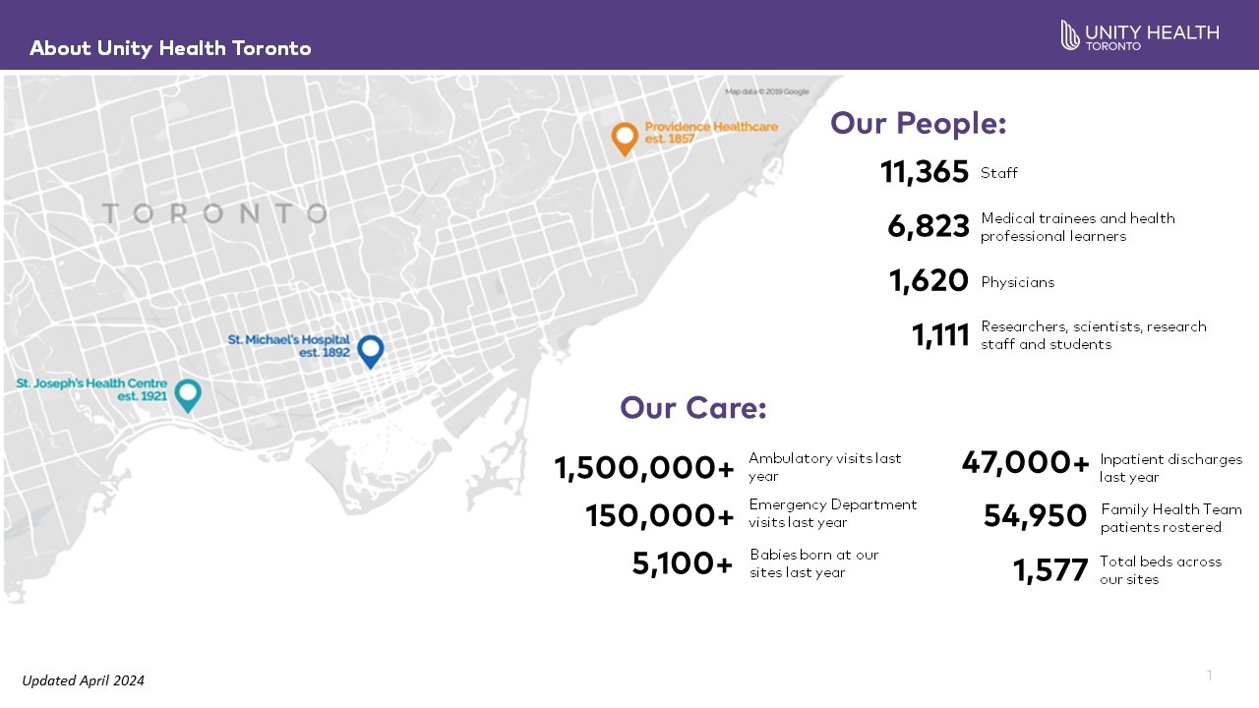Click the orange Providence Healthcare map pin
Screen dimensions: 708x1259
coord(625,138)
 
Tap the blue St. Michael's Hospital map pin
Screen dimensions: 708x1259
coord(370,350)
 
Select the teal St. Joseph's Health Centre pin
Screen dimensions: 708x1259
coord(187,394)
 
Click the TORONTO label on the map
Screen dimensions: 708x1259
coord(214,213)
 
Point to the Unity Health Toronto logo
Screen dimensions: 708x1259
coord(1139,35)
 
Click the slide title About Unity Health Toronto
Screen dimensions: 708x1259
coord(170,48)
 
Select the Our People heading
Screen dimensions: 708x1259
coord(918,123)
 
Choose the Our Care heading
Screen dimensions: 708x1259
coord(692,408)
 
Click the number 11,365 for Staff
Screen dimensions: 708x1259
coord(925,173)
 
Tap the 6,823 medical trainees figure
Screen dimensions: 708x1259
coord(929,227)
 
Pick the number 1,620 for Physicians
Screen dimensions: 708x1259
coord(929,282)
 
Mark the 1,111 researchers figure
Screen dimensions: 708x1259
coord(940,336)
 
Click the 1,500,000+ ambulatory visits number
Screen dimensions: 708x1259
coord(644,468)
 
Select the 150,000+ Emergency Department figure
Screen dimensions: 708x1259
coord(660,515)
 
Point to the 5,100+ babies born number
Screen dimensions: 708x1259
coord(683,564)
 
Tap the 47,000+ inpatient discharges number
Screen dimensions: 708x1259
coord(1025,462)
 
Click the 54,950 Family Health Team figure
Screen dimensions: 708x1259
coord(1035,516)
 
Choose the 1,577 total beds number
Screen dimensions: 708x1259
coord(1050,570)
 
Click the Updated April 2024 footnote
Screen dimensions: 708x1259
coord(84,680)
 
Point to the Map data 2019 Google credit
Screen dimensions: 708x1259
coord(767,91)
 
